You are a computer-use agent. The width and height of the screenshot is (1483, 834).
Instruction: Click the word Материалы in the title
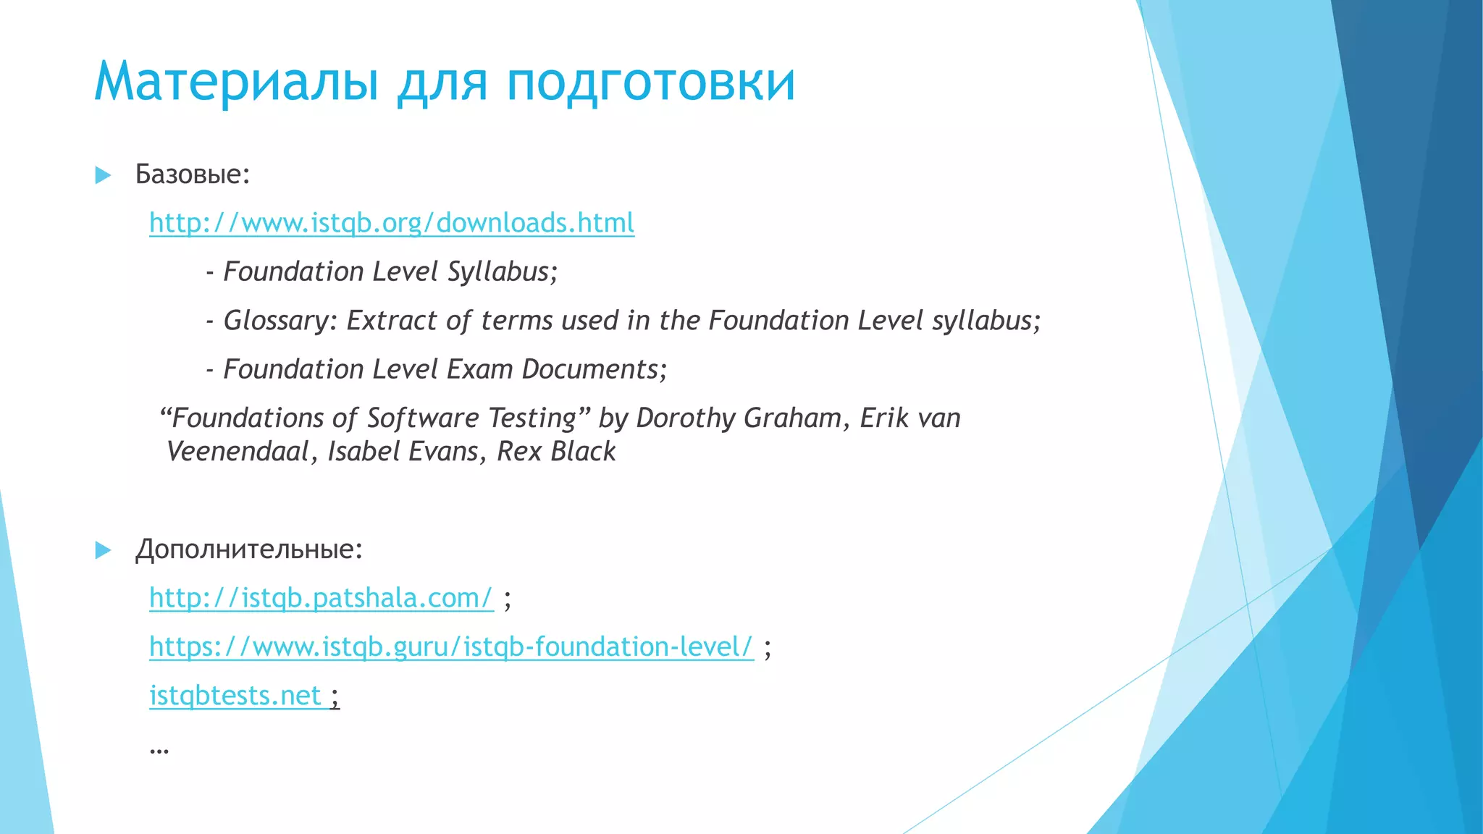coord(236,81)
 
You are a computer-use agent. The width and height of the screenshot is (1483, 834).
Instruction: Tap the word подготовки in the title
coord(650,83)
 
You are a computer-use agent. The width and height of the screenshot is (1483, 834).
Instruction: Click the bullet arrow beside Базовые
coord(103,175)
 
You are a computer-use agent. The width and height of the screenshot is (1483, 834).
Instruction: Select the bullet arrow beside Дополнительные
coord(103,550)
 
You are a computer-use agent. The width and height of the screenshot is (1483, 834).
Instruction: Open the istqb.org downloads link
coord(392,223)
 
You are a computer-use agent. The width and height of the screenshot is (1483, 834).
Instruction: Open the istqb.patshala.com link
coord(321,598)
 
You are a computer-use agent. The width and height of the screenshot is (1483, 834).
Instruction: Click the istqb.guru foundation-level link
coord(451,646)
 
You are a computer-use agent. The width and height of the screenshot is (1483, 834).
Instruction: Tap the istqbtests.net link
coord(235,696)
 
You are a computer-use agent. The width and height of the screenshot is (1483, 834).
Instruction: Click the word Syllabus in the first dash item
coord(502,272)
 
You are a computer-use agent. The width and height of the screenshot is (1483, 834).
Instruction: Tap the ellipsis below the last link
coord(159,749)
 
